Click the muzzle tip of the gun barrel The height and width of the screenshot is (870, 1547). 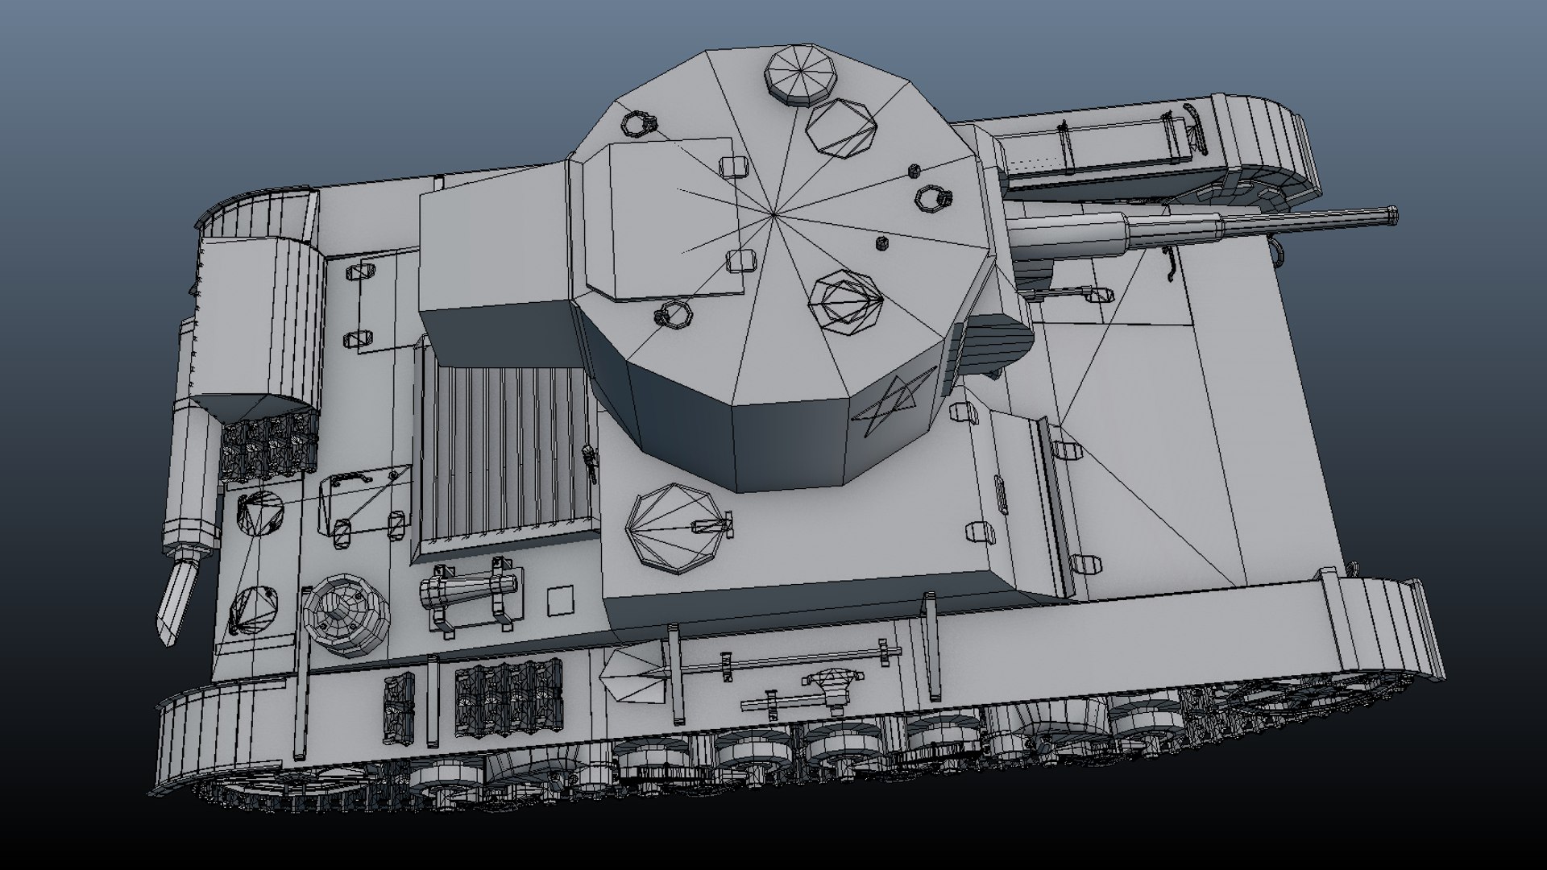(x=1391, y=215)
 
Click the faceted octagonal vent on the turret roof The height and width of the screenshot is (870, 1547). (x=844, y=300)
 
